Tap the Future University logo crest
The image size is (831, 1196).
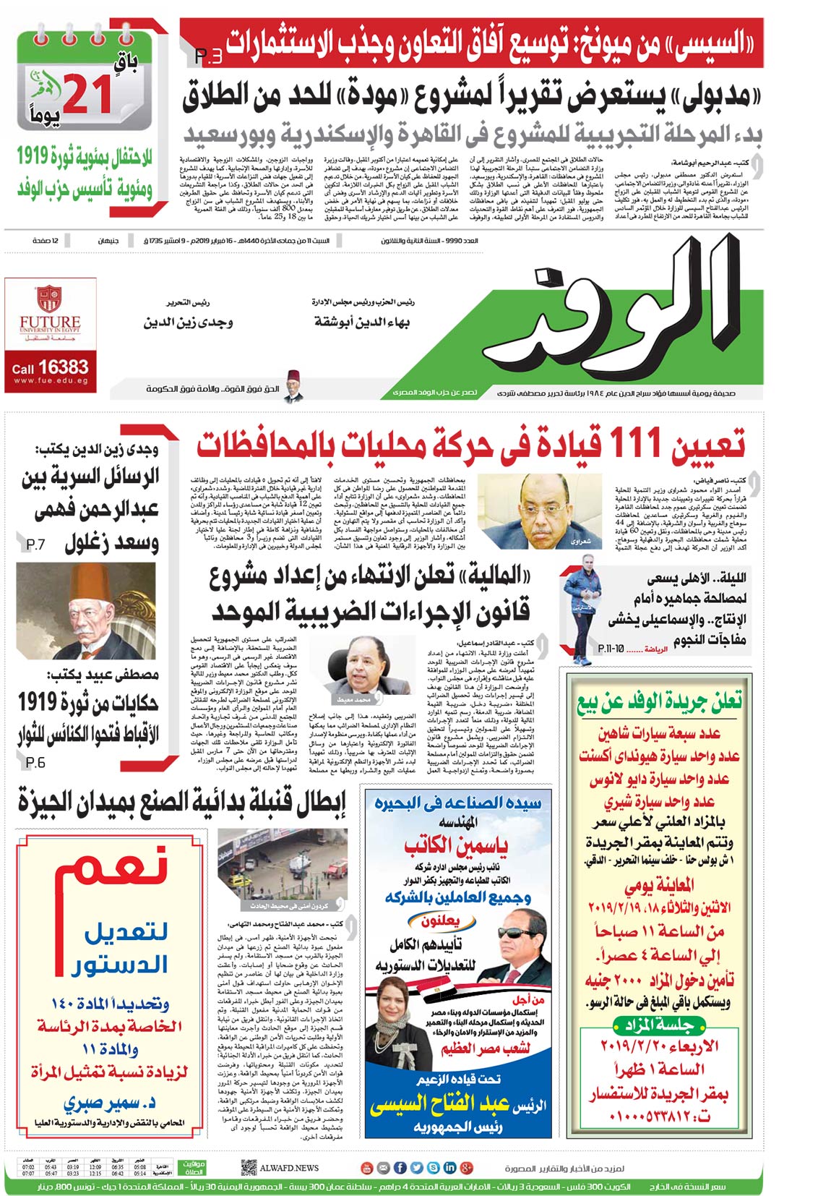click(x=50, y=299)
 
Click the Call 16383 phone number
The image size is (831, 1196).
click(x=50, y=367)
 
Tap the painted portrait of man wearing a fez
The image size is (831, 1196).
click(x=86, y=612)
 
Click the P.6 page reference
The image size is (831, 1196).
click(x=35, y=762)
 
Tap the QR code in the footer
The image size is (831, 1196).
click(x=249, y=1167)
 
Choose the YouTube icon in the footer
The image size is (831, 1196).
click(x=366, y=1167)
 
